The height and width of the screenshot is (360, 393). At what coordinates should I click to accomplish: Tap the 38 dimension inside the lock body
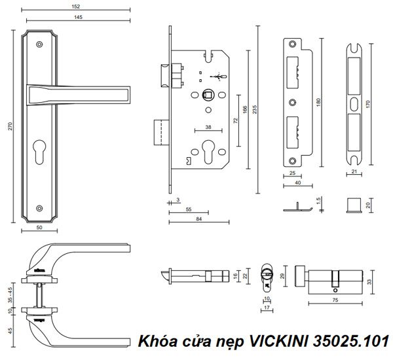tap(208, 126)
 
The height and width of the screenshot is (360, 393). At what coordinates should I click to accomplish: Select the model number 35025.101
tap(351, 341)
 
